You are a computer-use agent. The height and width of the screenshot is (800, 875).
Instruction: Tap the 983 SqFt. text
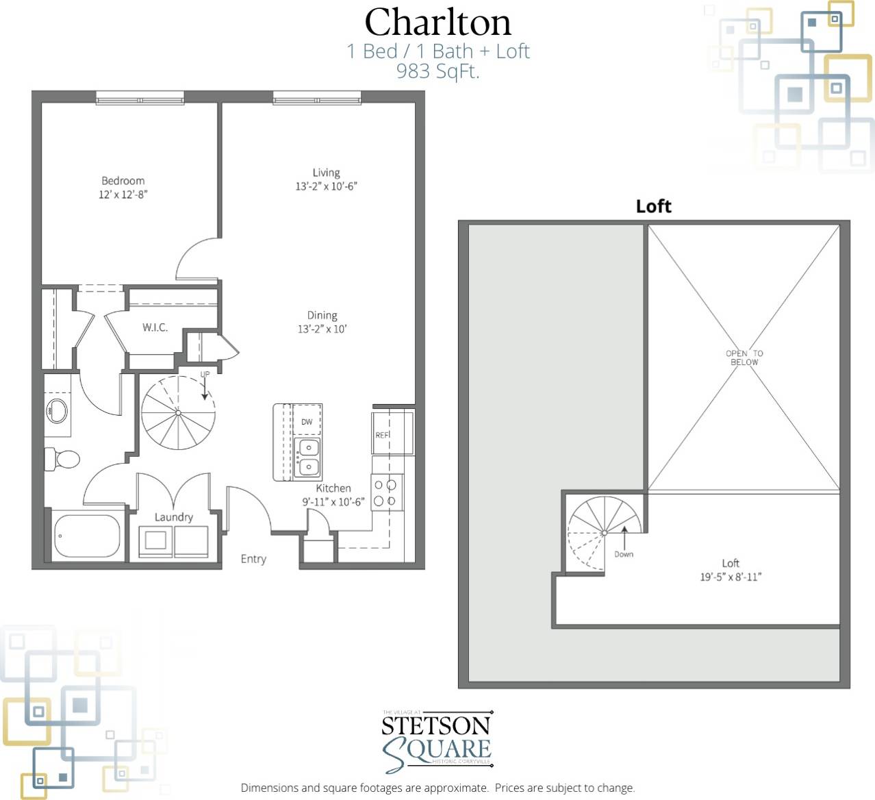point(437,71)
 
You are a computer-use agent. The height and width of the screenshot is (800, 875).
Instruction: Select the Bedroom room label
point(123,181)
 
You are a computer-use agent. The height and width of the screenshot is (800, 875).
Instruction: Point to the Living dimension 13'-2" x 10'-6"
point(326,186)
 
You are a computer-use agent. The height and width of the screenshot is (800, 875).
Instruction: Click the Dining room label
point(322,316)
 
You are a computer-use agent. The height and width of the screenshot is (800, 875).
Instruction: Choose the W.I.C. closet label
point(155,327)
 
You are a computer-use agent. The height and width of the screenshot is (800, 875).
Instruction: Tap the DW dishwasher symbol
point(307,421)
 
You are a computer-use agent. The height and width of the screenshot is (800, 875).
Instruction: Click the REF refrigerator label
point(381,435)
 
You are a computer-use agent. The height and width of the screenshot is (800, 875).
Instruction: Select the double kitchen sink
point(308,458)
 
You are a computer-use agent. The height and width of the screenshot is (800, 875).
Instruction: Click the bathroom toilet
point(61,459)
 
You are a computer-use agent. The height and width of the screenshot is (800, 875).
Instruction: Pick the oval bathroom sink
point(56,412)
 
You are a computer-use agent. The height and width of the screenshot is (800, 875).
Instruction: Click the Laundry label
point(173,517)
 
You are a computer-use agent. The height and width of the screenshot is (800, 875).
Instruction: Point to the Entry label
point(253,559)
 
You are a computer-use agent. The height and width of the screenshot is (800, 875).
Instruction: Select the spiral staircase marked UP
point(178,413)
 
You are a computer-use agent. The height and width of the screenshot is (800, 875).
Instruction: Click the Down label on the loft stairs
point(624,554)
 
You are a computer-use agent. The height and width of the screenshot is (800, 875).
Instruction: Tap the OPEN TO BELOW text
point(744,358)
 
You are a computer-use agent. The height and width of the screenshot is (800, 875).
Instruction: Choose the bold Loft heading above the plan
point(653,206)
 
